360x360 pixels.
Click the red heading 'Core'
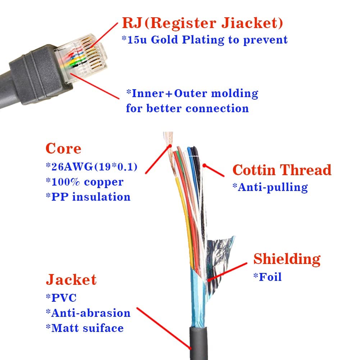coord(63,149)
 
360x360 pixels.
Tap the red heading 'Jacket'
coord(71,280)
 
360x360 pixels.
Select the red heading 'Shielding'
coord(287,259)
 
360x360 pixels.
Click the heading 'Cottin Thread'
coord(282,170)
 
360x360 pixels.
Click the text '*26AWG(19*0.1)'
coord(91,167)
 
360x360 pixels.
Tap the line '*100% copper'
coord(85,182)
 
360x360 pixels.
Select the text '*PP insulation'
coord(88,197)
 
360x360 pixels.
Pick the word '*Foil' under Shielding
coord(268,277)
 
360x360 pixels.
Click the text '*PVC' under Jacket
coord(61,298)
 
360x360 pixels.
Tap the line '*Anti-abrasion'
coord(88,313)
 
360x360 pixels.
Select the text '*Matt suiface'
coord(85,328)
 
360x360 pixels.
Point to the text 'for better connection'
coord(187,108)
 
